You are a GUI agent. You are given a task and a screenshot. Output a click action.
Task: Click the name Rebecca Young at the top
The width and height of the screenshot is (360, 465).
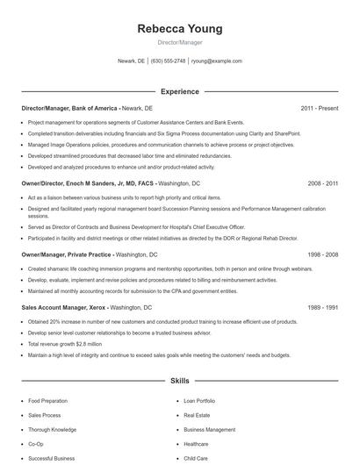coord(180,29)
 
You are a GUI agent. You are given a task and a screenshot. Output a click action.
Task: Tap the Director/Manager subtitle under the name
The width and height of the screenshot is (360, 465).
coord(180,42)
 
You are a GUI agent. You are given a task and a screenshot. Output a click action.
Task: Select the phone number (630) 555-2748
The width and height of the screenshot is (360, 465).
coord(168,61)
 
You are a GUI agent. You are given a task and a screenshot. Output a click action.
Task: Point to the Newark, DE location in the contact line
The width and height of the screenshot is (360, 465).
coord(131,61)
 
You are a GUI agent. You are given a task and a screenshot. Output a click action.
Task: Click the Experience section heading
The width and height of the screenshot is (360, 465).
coord(180,91)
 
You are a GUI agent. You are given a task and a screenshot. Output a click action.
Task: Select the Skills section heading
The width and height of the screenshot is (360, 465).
coord(180,382)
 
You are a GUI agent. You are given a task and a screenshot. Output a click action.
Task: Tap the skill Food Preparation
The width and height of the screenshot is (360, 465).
coord(47,401)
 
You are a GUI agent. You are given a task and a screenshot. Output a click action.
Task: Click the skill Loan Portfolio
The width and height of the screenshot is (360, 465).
coord(200,401)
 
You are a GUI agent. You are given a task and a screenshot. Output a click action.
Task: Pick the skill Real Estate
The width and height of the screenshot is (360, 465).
coord(197,415)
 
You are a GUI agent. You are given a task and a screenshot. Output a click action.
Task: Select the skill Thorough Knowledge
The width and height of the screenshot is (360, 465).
coord(52,430)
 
